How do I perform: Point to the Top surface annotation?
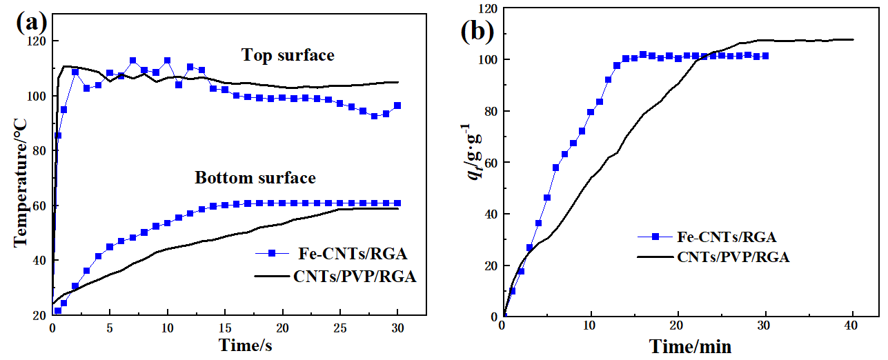click(287, 55)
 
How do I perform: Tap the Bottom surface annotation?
click(255, 178)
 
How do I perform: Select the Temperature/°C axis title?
click(21, 180)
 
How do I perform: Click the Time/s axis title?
click(245, 345)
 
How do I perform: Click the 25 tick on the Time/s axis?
click(340, 325)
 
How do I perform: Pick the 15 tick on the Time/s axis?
click(225, 325)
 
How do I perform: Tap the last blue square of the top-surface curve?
click(397, 106)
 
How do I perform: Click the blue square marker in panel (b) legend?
click(656, 237)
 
